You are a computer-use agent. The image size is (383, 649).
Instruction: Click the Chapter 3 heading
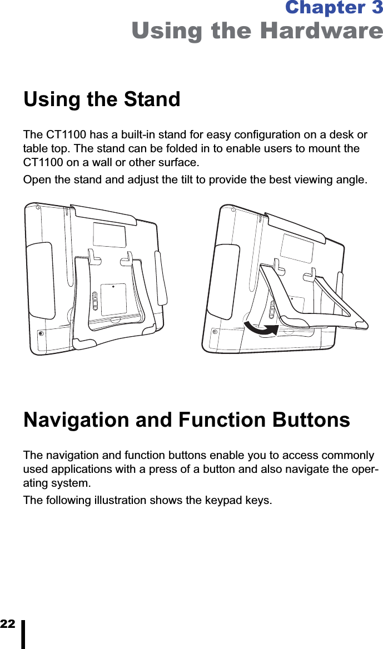point(333,8)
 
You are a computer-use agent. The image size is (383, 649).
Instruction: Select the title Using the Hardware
point(257,31)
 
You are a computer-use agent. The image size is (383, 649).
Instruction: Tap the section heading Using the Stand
point(102,100)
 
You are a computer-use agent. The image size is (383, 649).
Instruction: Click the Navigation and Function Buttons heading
point(187,420)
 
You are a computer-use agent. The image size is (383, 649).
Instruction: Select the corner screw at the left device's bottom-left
point(41,333)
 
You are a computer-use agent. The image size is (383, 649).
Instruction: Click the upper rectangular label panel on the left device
point(109,234)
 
